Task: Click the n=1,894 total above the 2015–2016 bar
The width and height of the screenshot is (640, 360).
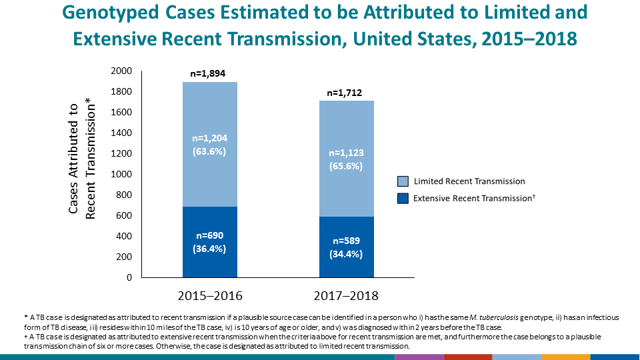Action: tap(210, 74)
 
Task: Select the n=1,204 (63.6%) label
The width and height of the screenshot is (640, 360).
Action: tap(210, 145)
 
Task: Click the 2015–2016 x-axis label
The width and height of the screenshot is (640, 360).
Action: tap(210, 295)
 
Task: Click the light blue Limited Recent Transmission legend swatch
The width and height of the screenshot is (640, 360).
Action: tap(402, 181)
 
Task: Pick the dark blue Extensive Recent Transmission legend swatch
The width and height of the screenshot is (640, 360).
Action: tap(402, 198)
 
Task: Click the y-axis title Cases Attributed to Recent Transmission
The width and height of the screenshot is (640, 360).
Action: tap(83, 157)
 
